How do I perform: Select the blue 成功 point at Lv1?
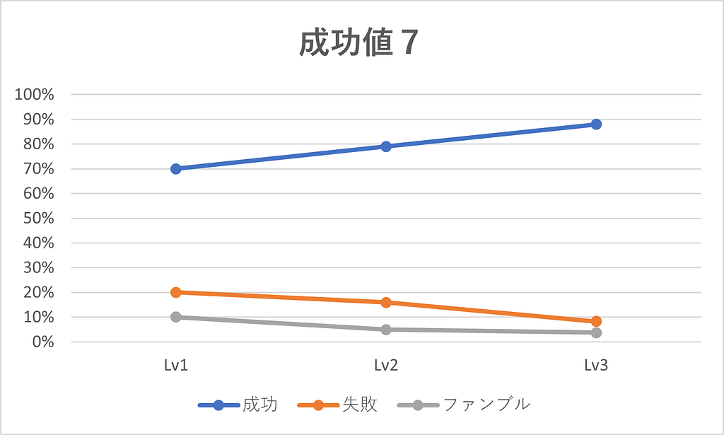point(176,168)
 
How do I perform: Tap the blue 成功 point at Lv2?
point(386,146)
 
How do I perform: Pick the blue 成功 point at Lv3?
point(596,124)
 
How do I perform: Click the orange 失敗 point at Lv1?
point(176,292)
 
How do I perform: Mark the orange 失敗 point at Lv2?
point(386,302)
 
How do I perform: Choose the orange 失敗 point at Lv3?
point(596,321)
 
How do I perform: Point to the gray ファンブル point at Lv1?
point(176,317)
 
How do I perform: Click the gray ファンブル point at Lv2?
point(386,329)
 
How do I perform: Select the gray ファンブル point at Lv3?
point(596,332)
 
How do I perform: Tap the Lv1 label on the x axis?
point(176,366)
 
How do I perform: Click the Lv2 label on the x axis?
point(386,366)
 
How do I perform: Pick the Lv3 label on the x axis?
point(596,366)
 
